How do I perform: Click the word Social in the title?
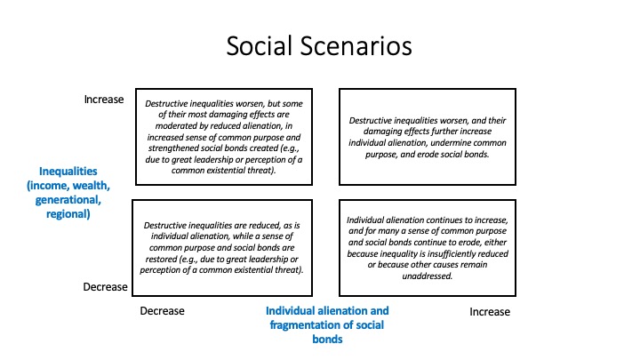pyautogui.click(x=260, y=45)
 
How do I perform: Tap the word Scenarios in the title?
pyautogui.click(x=356, y=45)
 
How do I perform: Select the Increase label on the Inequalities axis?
pyautogui.click(x=104, y=100)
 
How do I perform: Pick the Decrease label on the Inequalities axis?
pyautogui.click(x=105, y=287)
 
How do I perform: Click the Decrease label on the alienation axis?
pyautogui.click(x=162, y=311)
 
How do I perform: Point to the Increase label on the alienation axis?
pyautogui.click(x=490, y=312)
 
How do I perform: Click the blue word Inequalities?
pyautogui.click(x=68, y=171)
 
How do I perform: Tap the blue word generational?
pyautogui.click(x=68, y=200)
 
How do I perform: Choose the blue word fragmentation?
pyautogui.click(x=306, y=325)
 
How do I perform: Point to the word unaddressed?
pyautogui.click(x=428, y=276)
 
